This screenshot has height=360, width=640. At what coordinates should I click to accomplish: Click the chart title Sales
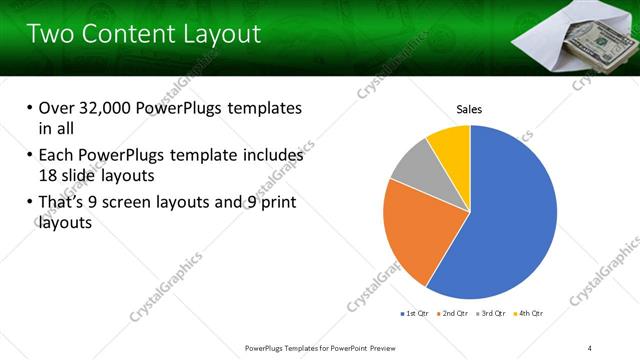[469, 109]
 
